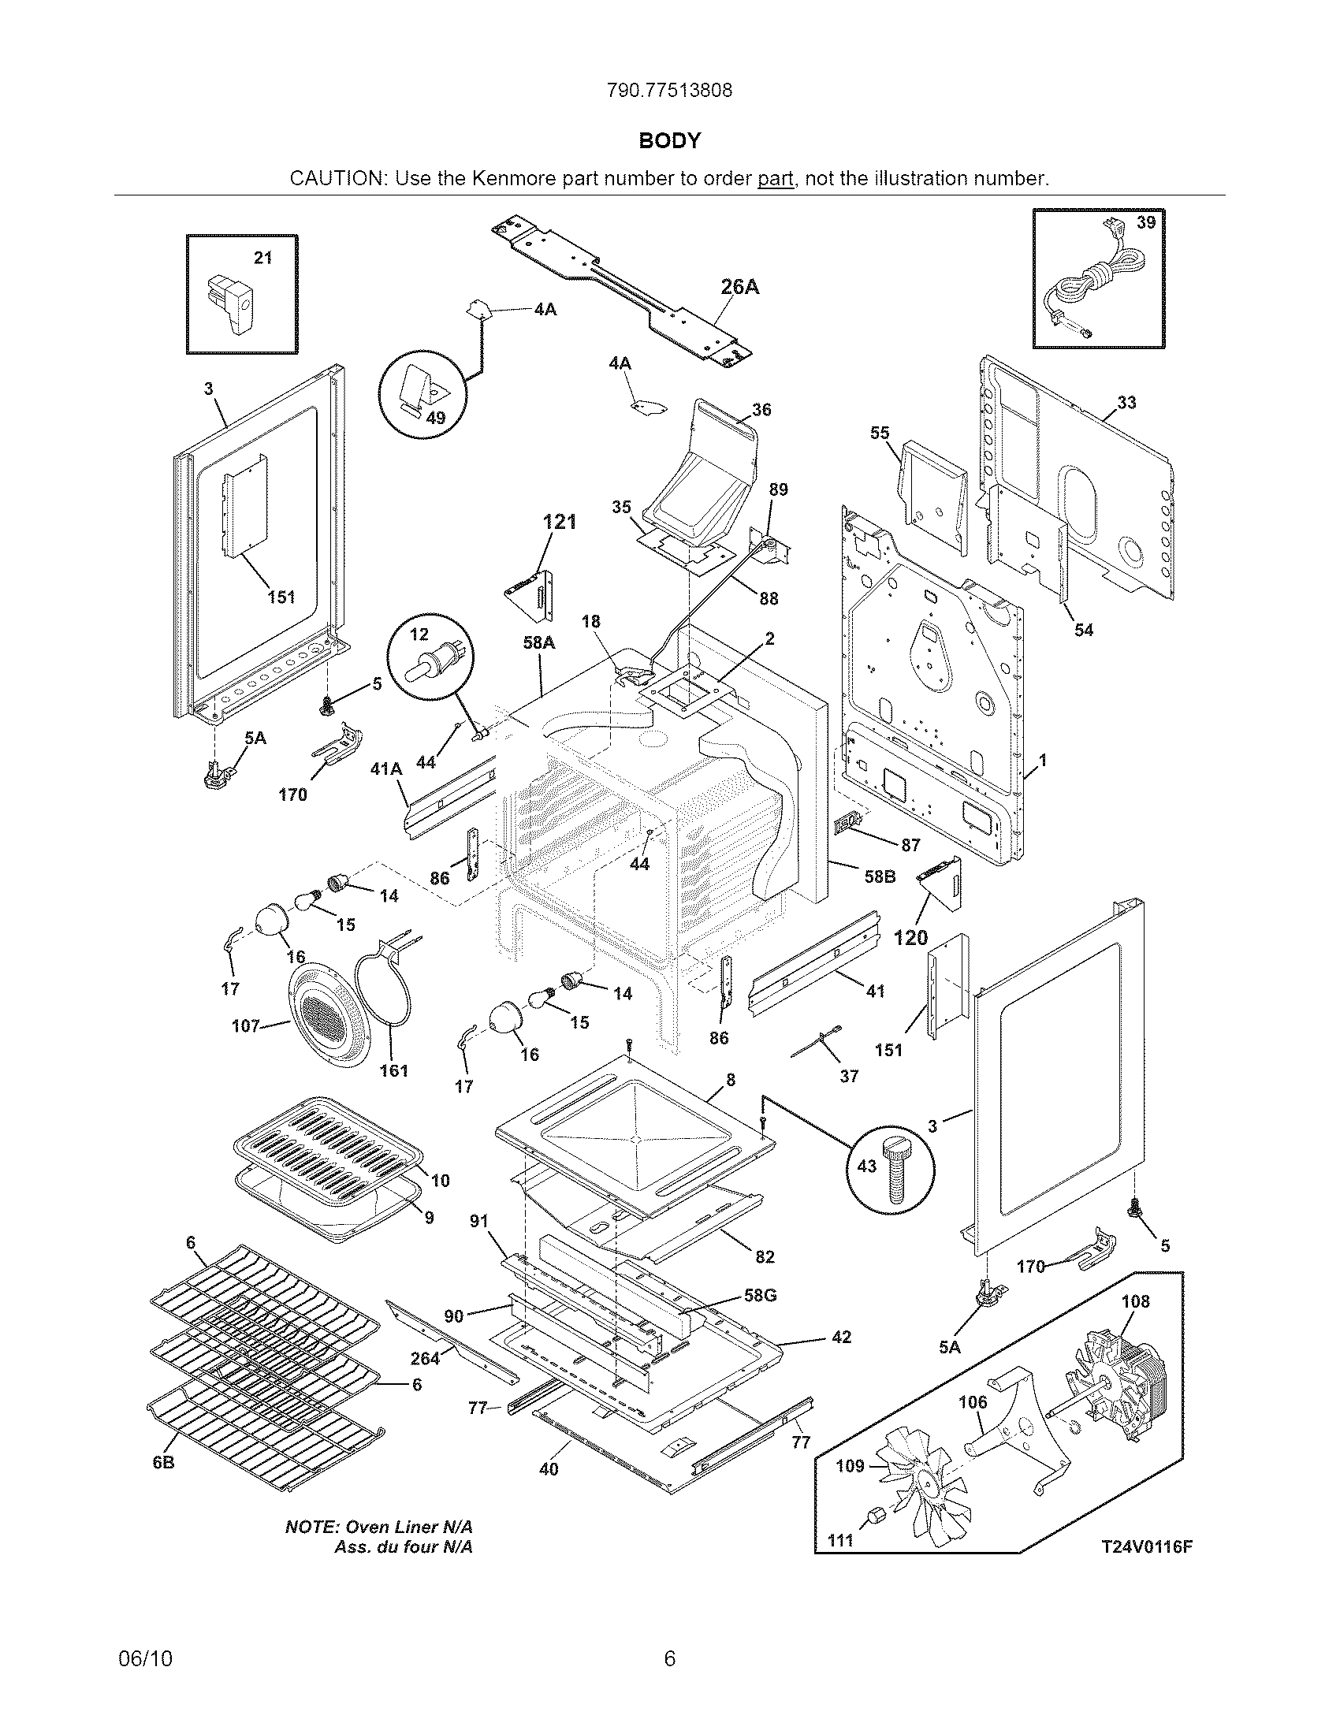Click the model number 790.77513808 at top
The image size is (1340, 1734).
tap(669, 91)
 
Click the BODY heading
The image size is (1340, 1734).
tap(670, 141)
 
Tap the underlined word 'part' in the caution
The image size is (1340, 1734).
tap(775, 179)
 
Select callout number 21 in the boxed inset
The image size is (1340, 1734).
tap(262, 258)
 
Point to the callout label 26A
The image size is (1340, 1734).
tap(740, 288)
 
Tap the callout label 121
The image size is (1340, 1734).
tap(559, 523)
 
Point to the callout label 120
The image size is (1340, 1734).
tap(910, 939)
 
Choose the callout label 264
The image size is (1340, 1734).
tap(425, 1359)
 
